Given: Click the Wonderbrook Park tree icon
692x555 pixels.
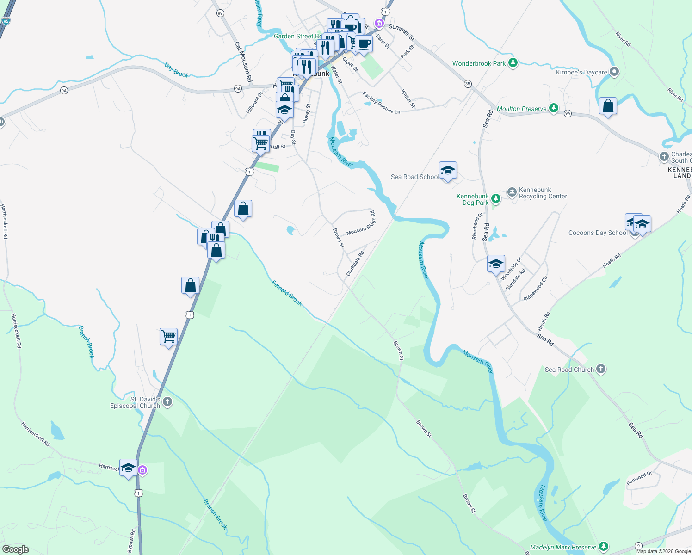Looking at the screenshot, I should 513,63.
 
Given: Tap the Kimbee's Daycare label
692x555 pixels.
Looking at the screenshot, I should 581,72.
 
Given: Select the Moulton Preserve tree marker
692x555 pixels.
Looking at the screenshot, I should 553,109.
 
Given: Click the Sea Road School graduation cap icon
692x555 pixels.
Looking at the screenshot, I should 447,171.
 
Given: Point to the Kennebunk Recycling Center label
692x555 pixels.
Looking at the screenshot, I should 543,193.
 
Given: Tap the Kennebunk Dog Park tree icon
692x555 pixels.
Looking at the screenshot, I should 496,199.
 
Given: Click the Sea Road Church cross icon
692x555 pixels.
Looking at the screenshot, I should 601,369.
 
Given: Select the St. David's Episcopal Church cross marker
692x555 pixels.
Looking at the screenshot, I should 167,402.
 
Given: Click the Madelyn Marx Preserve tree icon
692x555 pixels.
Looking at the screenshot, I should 603,547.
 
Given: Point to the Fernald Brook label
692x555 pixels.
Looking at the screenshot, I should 287,293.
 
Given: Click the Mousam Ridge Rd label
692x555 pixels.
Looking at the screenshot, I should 361,223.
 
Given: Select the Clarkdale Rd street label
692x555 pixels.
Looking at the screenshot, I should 355,264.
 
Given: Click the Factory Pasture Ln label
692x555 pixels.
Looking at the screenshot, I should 381,103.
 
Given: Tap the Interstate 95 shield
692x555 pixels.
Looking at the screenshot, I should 6,21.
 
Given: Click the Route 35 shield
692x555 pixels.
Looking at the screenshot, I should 468,84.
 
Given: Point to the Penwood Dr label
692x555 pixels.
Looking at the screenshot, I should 639,478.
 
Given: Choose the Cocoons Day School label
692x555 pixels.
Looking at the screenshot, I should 598,233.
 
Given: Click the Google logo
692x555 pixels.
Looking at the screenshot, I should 15,549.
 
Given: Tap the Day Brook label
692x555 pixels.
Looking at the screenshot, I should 177,70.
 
